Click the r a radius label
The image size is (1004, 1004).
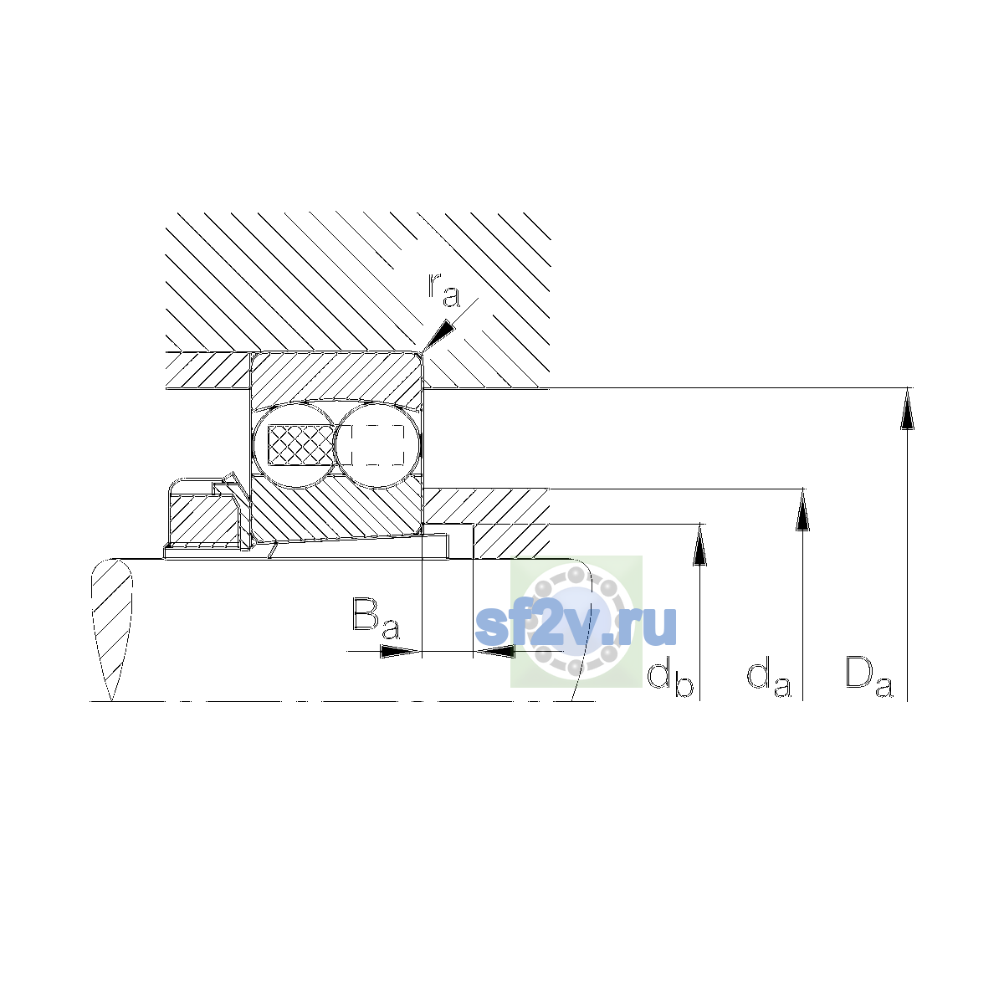443,289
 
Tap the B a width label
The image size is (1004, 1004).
376,618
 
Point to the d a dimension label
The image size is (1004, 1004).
769,679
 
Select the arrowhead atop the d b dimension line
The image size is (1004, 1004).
699,545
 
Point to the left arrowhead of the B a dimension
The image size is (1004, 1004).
400,651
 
